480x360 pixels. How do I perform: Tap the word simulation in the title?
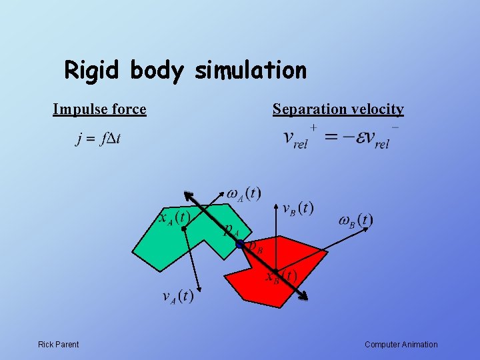pyautogui.click(x=251, y=70)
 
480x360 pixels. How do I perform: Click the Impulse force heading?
pyautogui.click(x=99, y=109)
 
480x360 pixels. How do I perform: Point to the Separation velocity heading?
pyautogui.click(x=338, y=109)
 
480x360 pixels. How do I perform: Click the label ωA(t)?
pyautogui.click(x=244, y=194)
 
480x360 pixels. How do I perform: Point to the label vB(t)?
pyautogui.click(x=297, y=208)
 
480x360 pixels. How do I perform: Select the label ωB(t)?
pyautogui.click(x=355, y=220)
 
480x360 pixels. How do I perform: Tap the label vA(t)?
pyautogui.click(x=177, y=296)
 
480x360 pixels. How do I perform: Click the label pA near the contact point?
pyautogui.click(x=231, y=229)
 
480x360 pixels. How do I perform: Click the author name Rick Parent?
pyautogui.click(x=58, y=345)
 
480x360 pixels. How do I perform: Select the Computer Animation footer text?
pyautogui.click(x=401, y=345)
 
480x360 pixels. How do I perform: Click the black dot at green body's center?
pyautogui.click(x=183, y=228)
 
